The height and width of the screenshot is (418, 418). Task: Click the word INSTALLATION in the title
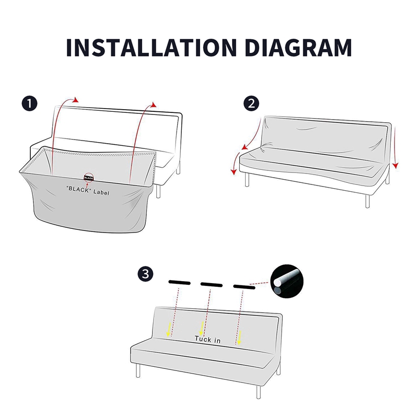152,48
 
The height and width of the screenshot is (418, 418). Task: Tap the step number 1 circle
29,103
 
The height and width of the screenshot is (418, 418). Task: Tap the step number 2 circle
251,103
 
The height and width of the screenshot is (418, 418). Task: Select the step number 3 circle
146,274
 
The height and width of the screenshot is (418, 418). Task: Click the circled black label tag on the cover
88,178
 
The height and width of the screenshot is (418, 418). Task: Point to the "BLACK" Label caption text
88,190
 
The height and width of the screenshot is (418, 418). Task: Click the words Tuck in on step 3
207,339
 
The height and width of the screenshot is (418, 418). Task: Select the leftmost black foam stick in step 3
179,283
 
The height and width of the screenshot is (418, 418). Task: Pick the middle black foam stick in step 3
212,284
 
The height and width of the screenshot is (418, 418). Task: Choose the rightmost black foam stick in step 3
244,287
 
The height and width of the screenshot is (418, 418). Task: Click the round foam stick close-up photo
287,281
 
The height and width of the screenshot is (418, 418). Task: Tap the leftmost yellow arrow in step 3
168,330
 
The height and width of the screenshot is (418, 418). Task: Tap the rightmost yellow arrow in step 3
239,338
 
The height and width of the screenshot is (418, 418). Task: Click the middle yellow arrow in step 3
202,329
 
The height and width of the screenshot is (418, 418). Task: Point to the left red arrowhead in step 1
76,100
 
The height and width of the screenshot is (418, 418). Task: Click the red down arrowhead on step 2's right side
396,166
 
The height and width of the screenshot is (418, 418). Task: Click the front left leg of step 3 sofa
138,370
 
